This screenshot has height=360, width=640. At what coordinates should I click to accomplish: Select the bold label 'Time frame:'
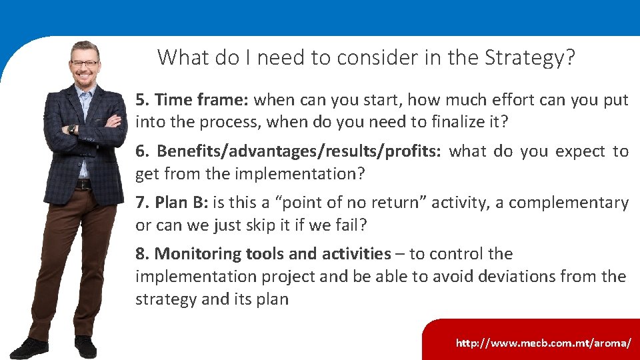(201, 100)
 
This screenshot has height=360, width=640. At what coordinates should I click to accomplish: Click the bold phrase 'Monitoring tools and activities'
(272, 254)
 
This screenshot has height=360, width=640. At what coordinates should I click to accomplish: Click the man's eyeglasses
(85, 64)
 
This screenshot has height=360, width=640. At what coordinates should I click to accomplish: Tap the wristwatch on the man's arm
(71, 129)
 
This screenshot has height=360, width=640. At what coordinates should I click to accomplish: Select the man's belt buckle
(82, 185)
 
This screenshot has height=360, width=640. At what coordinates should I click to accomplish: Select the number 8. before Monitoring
(143, 254)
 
